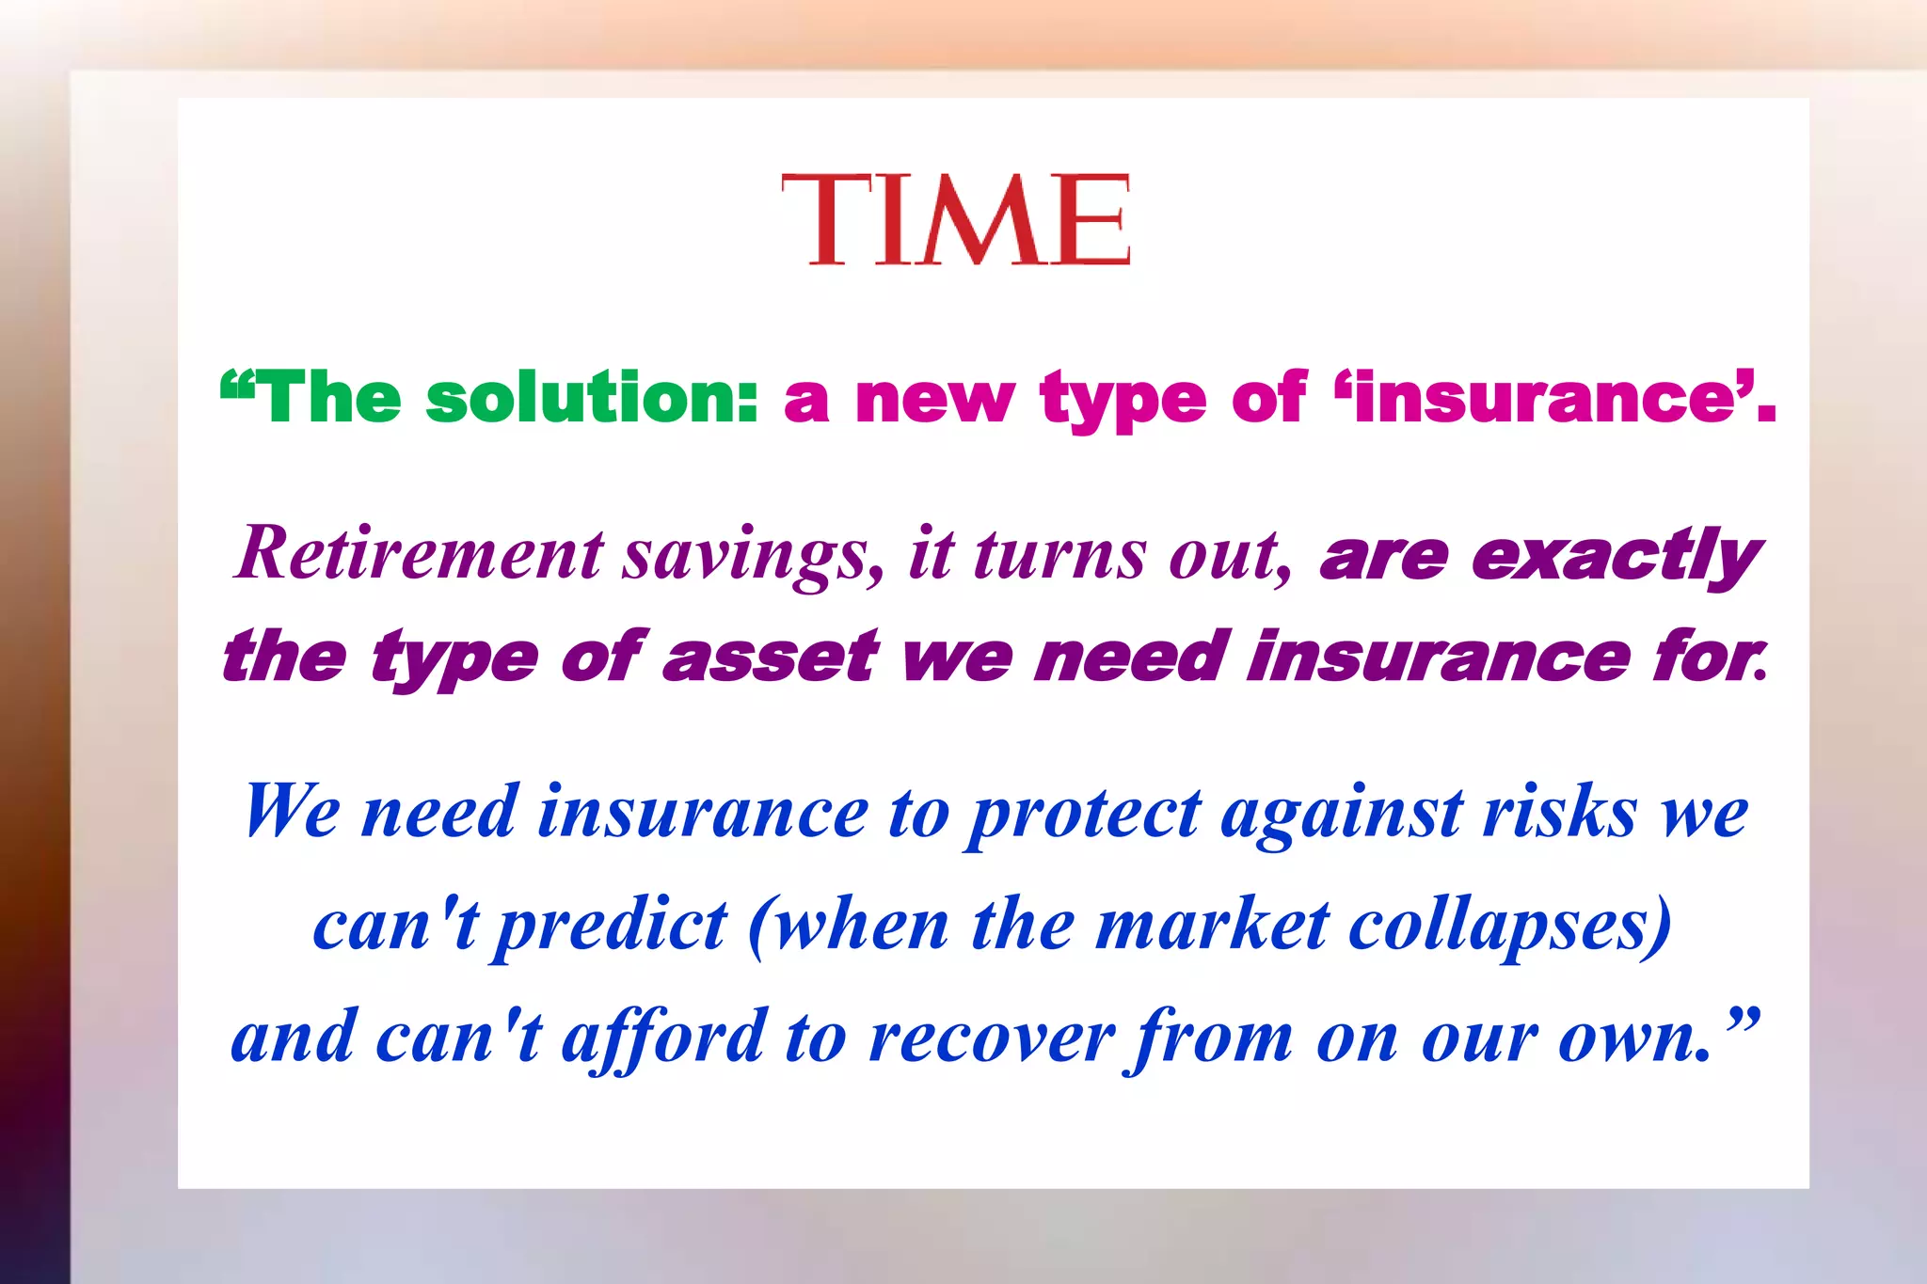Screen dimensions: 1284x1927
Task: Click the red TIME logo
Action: [955, 220]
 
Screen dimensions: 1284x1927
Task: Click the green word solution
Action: [592, 398]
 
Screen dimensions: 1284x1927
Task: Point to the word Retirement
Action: [419, 553]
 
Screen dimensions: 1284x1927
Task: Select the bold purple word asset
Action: [770, 656]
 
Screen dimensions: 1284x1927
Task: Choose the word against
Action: [1342, 814]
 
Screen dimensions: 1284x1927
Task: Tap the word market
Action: [1213, 925]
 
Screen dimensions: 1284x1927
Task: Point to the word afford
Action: [663, 1038]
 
